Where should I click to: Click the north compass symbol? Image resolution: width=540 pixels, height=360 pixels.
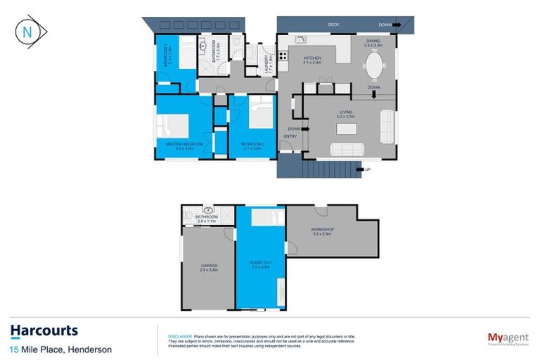[26, 32]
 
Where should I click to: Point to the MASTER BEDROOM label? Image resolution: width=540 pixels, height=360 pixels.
[184, 144]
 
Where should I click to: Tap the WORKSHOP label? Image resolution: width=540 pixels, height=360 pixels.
[322, 230]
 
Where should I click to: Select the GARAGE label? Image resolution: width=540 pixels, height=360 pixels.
[209, 266]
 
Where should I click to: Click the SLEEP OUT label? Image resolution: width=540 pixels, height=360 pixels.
[260, 264]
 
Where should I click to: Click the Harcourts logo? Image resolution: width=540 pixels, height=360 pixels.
[44, 331]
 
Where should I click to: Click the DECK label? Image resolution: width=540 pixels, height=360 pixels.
[333, 25]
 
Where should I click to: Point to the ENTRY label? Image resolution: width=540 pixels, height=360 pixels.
[288, 136]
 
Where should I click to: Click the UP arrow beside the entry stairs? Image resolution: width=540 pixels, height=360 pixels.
[361, 169]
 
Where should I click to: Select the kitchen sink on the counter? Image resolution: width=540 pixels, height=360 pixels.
[300, 40]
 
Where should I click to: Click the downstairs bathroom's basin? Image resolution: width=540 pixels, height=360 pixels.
[207, 210]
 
